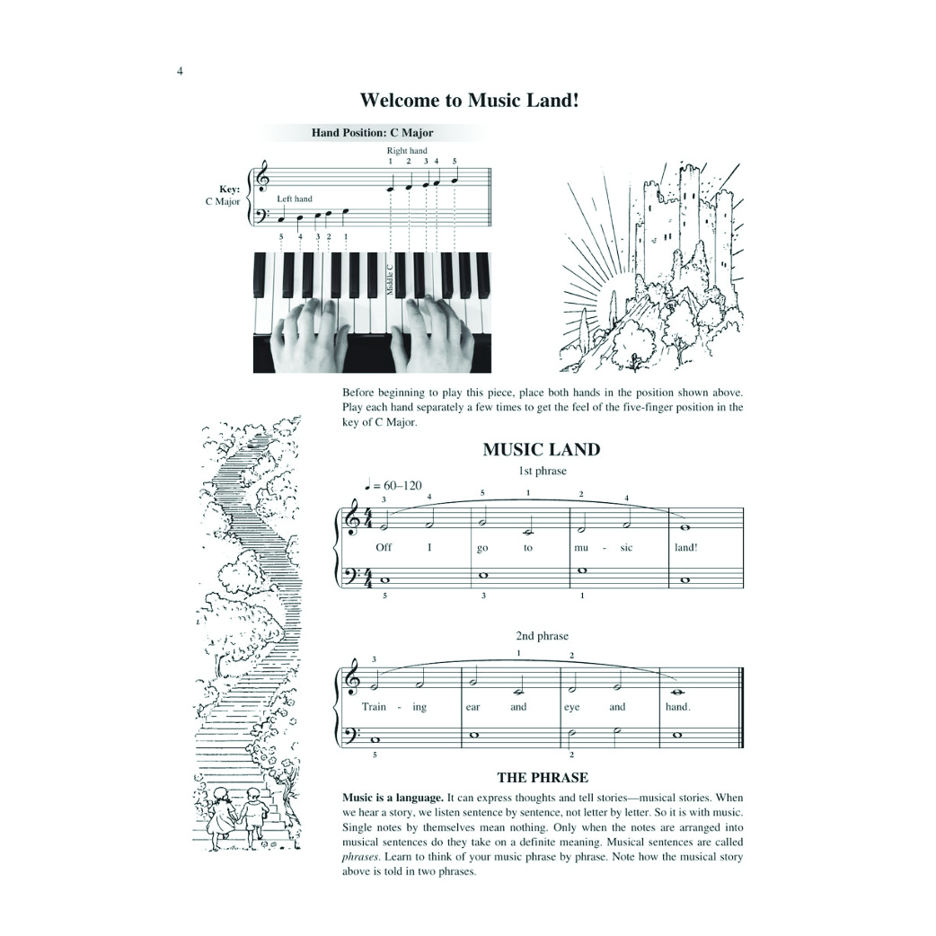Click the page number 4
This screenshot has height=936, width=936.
pyautogui.click(x=180, y=72)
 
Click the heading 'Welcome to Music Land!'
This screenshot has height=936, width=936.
pyautogui.click(x=469, y=100)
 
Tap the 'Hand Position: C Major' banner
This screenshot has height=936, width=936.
pyautogui.click(x=373, y=133)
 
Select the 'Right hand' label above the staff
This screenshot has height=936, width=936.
pyautogui.click(x=407, y=150)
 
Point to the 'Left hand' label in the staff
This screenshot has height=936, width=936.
pyautogui.click(x=295, y=199)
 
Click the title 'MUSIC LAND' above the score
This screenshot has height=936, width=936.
pyautogui.click(x=542, y=449)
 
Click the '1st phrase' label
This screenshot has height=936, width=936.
pyautogui.click(x=542, y=471)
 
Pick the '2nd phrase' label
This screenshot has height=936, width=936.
pyautogui.click(x=542, y=636)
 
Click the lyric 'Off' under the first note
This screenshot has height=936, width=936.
pyautogui.click(x=384, y=547)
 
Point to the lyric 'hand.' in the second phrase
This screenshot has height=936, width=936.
pyautogui.click(x=678, y=707)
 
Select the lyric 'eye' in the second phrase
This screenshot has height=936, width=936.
pyautogui.click(x=572, y=707)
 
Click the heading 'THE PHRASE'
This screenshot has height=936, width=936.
pyautogui.click(x=543, y=777)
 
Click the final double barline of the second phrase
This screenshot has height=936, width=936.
pyautogui.click(x=741, y=707)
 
